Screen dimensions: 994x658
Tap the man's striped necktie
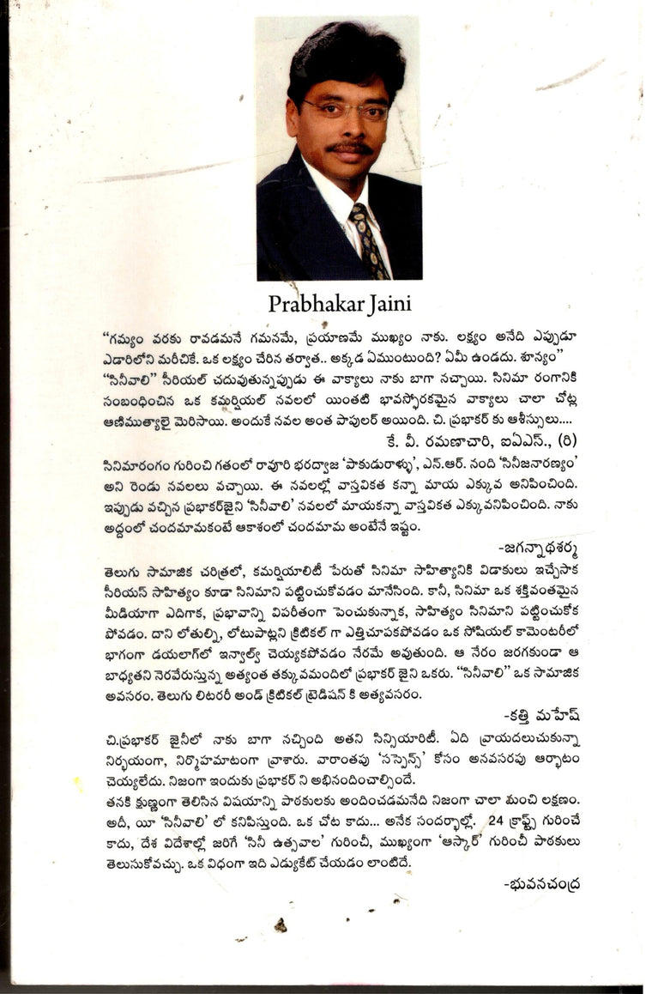coord(369,239)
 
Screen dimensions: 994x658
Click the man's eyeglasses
coord(347,111)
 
